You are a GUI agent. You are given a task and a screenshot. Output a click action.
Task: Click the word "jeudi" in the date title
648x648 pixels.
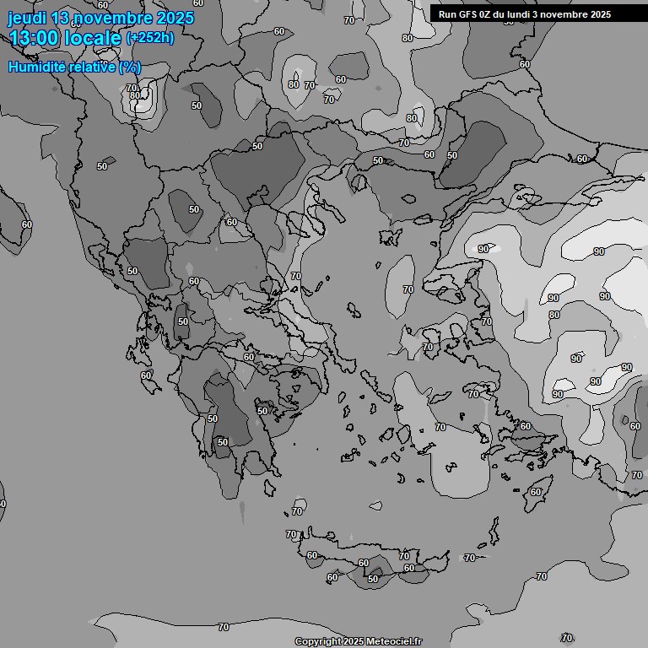tap(26, 19)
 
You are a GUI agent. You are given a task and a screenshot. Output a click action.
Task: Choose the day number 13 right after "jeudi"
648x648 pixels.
tap(61, 18)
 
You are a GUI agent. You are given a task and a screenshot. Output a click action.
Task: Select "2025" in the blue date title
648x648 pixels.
tap(175, 18)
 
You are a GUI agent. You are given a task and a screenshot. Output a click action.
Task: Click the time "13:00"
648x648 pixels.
tap(33, 38)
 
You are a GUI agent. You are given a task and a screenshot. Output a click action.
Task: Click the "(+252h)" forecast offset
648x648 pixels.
tap(150, 38)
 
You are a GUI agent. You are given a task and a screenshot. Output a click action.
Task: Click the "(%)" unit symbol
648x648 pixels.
tap(129, 67)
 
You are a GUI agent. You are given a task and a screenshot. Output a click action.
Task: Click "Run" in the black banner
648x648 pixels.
tap(448, 14)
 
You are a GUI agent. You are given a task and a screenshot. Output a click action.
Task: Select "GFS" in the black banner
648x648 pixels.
tap(469, 14)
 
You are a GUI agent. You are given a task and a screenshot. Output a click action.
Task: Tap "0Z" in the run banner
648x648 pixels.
tap(488, 14)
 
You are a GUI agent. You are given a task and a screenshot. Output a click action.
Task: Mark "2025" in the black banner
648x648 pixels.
tap(601, 14)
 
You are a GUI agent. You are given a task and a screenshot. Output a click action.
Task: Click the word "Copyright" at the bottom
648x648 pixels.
tap(318, 641)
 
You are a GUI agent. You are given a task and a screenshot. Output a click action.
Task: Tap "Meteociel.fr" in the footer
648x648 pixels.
tap(394, 641)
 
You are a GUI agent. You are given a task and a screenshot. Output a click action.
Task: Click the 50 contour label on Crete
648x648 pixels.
tap(373, 579)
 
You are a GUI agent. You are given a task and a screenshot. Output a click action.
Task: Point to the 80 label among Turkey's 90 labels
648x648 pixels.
tap(554, 316)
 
